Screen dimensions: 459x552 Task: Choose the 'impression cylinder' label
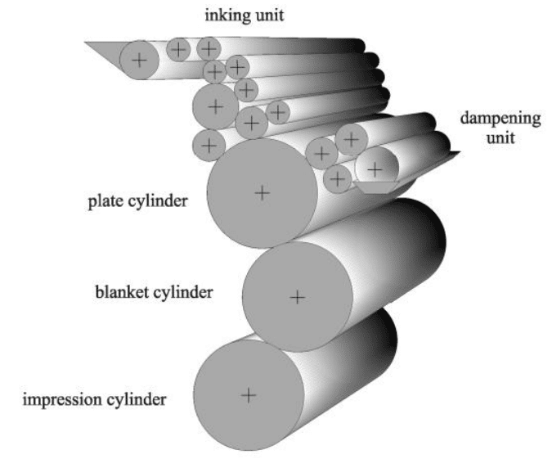[96, 400]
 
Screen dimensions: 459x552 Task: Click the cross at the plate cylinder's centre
[262, 193]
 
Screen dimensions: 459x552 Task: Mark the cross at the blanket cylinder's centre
[298, 296]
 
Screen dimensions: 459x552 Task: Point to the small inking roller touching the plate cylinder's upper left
[209, 146]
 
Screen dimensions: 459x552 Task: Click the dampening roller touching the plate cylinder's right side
[336, 178]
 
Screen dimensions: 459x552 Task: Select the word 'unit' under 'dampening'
[501, 137]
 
